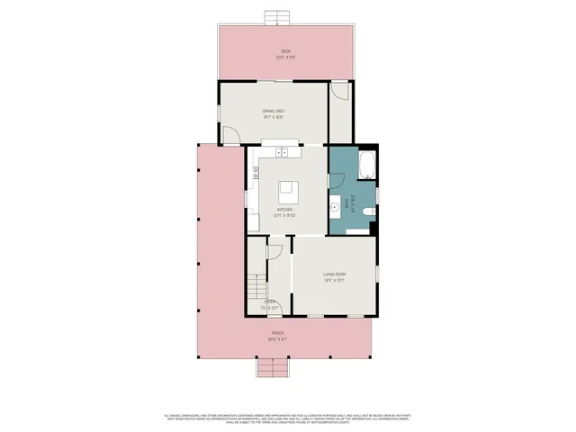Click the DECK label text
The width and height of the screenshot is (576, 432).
pos(285,51)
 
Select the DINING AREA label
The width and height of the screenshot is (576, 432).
pos(274,111)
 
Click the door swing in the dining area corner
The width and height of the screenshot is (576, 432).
pos(231,134)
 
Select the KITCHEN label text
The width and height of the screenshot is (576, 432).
pos(284,210)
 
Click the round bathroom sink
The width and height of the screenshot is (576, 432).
pos(334,205)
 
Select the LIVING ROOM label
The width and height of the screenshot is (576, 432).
pos(335,274)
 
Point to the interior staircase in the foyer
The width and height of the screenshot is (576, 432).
pos(257,288)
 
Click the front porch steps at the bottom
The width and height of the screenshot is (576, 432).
pos(272,369)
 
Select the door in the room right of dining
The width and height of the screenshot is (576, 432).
pos(338,91)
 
